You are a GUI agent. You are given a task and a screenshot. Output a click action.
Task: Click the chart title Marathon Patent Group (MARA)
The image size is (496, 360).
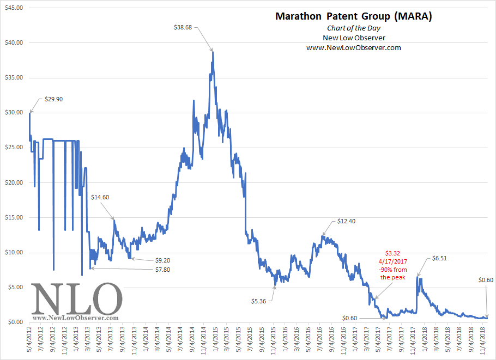point(353,16)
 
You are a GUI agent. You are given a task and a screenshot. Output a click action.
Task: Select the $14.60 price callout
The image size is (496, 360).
point(100,197)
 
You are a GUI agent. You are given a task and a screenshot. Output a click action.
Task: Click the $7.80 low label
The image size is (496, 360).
point(161,269)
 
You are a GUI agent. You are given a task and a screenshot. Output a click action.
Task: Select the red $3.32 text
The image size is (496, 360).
point(393,253)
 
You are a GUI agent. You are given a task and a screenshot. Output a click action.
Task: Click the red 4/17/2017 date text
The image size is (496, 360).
point(393,261)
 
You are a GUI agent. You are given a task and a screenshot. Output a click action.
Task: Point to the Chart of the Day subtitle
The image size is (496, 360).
point(353,28)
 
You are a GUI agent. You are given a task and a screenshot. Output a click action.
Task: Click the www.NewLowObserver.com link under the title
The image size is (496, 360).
point(353,47)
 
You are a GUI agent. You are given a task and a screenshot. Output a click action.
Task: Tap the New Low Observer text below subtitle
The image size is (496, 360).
point(353,38)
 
